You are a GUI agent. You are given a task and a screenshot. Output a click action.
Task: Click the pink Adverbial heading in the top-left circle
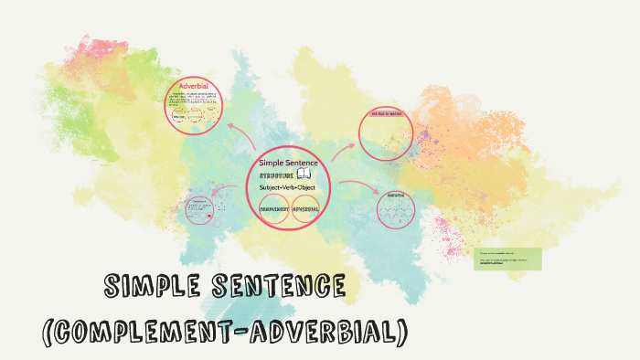coord(195,86)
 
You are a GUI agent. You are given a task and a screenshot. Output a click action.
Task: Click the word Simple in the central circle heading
coord(273,163)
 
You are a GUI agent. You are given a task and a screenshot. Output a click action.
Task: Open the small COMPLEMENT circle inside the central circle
coord(275,209)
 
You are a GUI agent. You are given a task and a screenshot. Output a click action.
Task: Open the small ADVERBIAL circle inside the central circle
coord(307,209)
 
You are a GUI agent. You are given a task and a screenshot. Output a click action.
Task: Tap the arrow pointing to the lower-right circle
coord(359,186)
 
